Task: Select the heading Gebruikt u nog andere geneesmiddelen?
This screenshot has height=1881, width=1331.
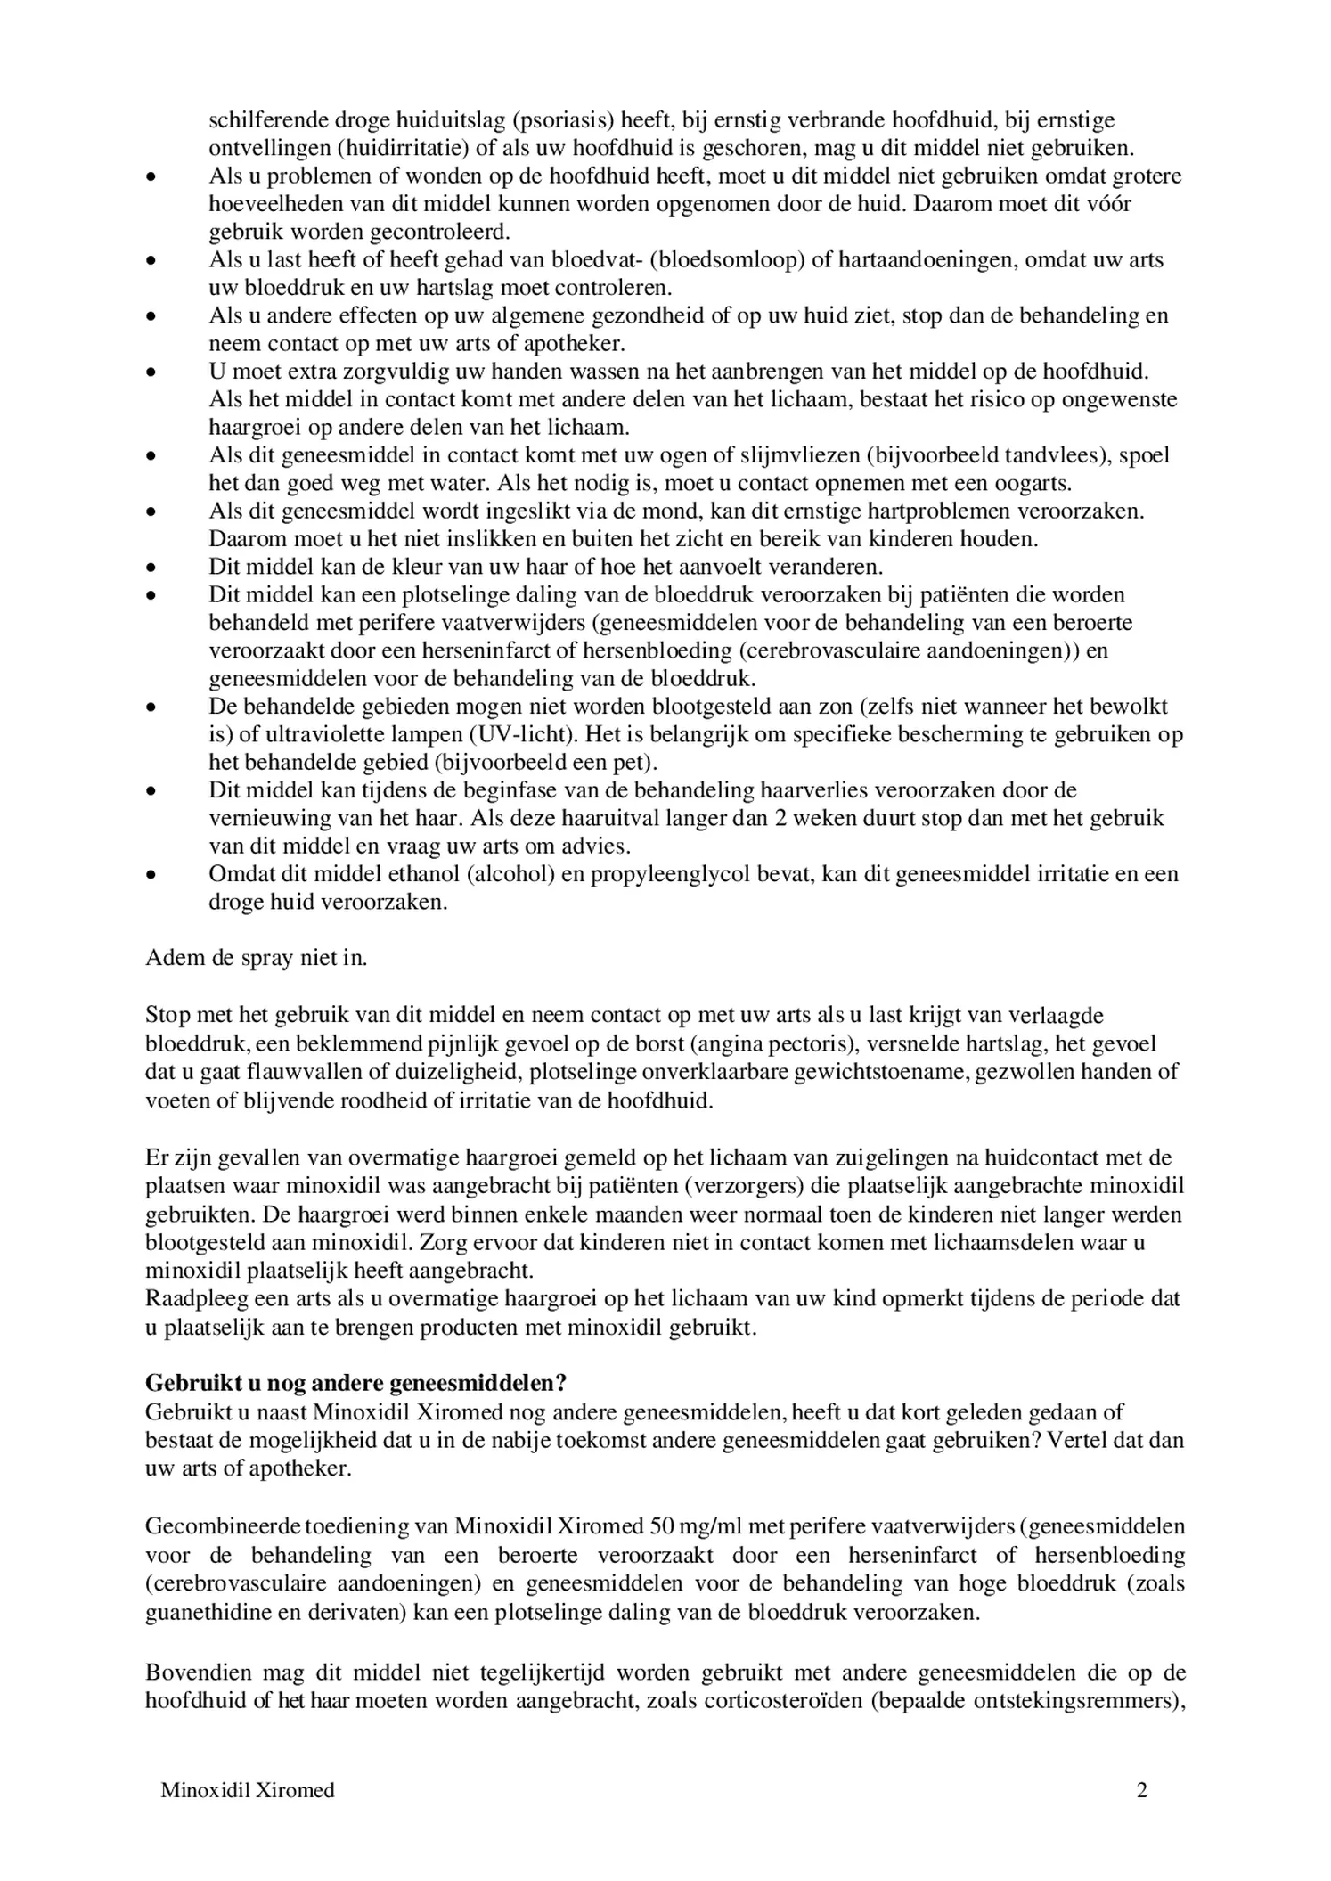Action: click(355, 1383)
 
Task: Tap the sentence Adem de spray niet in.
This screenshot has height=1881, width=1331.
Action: click(256, 958)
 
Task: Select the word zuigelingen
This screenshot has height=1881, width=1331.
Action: click(892, 1157)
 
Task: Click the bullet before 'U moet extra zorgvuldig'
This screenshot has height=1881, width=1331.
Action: click(152, 372)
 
